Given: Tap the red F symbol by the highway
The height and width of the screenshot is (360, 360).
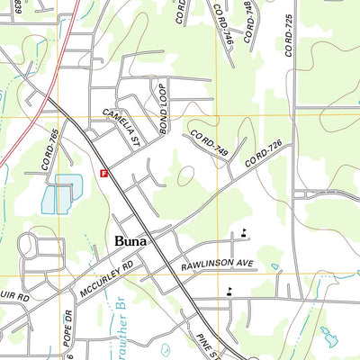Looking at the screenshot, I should pyautogui.click(x=104, y=173).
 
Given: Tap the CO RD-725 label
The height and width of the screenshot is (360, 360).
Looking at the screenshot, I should pyautogui.click(x=290, y=36).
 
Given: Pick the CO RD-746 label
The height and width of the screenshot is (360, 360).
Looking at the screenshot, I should pyautogui.click(x=222, y=23).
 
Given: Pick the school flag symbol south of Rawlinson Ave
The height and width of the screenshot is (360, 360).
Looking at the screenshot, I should pyautogui.click(x=230, y=290).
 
